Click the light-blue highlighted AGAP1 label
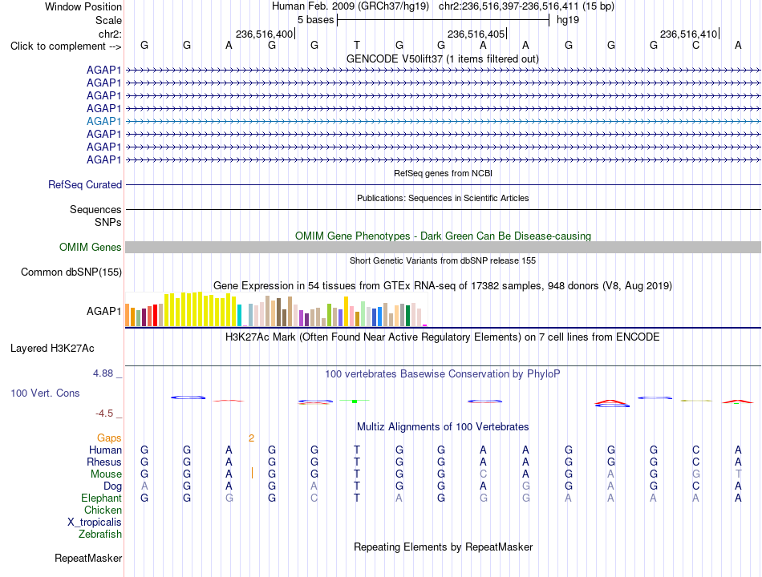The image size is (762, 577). pyautogui.click(x=103, y=122)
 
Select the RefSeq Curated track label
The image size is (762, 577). pyautogui.click(x=85, y=184)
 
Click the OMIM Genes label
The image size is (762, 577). pyautogui.click(x=91, y=247)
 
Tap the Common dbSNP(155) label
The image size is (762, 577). pyautogui.click(x=71, y=272)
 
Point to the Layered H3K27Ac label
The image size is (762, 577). pyautogui.click(x=52, y=349)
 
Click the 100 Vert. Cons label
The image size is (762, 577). pyautogui.click(x=45, y=393)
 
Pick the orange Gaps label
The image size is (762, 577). pyautogui.click(x=109, y=438)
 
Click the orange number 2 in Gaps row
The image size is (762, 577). pyautogui.click(x=251, y=438)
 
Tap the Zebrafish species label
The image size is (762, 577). pyautogui.click(x=100, y=535)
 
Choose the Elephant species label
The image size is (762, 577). pyautogui.click(x=102, y=498)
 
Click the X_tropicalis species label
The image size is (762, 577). pyautogui.click(x=95, y=523)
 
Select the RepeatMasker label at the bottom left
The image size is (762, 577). pyautogui.click(x=88, y=558)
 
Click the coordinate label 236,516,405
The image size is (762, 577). pyautogui.click(x=476, y=34)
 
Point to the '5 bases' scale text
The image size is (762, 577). pyautogui.click(x=316, y=20)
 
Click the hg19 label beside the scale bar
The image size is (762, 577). pyautogui.click(x=568, y=20)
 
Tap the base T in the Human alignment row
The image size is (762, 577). pyautogui.click(x=357, y=450)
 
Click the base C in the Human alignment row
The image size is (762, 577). pyautogui.click(x=696, y=450)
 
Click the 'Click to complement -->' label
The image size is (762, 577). pyautogui.click(x=66, y=46)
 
